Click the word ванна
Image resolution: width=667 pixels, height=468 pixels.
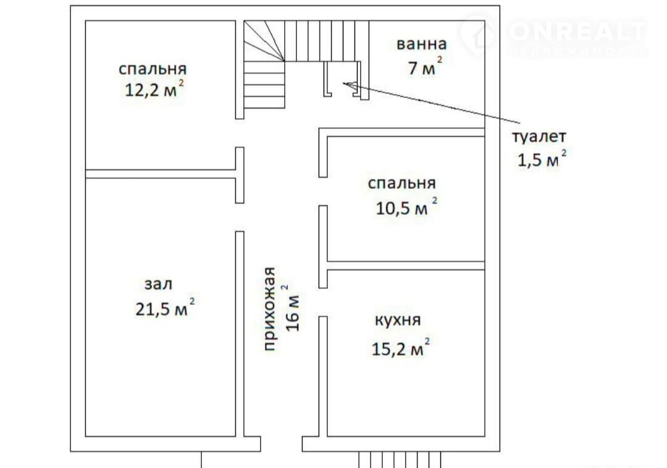[x=421, y=44]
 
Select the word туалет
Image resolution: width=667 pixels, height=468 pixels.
[x=539, y=137]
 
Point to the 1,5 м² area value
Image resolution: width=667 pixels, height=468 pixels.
[x=542, y=159]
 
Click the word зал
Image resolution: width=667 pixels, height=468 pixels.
[x=158, y=284]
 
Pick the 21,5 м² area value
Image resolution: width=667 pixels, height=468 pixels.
[x=165, y=307]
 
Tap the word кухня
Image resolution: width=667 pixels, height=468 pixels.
[x=397, y=320]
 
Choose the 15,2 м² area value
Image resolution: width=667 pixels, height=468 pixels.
[x=400, y=347]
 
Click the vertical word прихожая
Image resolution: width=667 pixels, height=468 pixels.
[x=270, y=309]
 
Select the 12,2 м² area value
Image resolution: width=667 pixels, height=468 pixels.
[x=154, y=89]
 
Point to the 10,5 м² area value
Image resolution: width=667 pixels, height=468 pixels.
[x=406, y=207]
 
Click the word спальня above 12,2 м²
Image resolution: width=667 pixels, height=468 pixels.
[x=153, y=69]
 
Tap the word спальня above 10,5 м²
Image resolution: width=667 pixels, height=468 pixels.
[x=401, y=183]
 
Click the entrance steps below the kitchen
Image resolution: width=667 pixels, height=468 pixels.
[x=400, y=459]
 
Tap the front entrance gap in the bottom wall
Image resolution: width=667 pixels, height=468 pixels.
[x=281, y=444]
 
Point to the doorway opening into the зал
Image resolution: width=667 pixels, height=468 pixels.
[x=240, y=217]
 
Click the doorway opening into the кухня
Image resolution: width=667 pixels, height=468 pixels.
[x=323, y=302]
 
